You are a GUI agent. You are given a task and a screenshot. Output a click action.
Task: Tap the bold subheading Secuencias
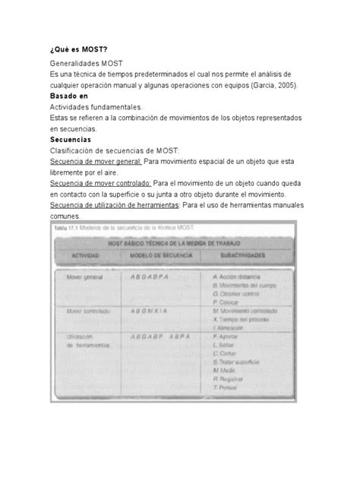click(70, 140)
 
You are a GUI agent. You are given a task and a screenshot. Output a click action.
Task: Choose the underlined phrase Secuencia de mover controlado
click(100, 182)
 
